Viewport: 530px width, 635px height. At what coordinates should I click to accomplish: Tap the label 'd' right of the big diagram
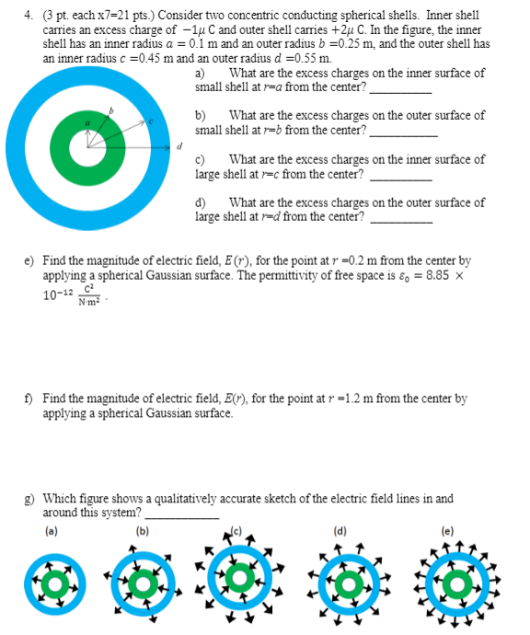coord(180,145)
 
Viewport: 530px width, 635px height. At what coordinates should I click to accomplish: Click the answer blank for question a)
coord(400,90)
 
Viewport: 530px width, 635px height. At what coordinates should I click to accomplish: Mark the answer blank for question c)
coord(400,176)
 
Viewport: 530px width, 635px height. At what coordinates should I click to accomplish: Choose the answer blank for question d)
coord(401,219)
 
